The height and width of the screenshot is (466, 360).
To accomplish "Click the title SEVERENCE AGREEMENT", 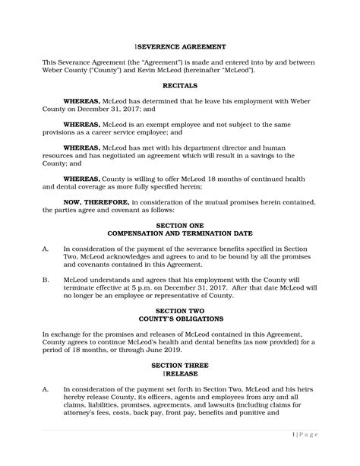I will tap(180, 47).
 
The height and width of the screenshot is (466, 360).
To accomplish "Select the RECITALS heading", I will tap(180, 86).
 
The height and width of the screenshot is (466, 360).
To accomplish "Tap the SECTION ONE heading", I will tap(180, 226).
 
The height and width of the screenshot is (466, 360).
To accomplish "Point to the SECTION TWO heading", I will tap(180, 311).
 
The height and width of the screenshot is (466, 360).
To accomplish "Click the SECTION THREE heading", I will tap(180, 366).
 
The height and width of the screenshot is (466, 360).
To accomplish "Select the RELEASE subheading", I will tap(180, 373).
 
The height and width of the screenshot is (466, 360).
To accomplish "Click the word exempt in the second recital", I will tap(148, 124).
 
